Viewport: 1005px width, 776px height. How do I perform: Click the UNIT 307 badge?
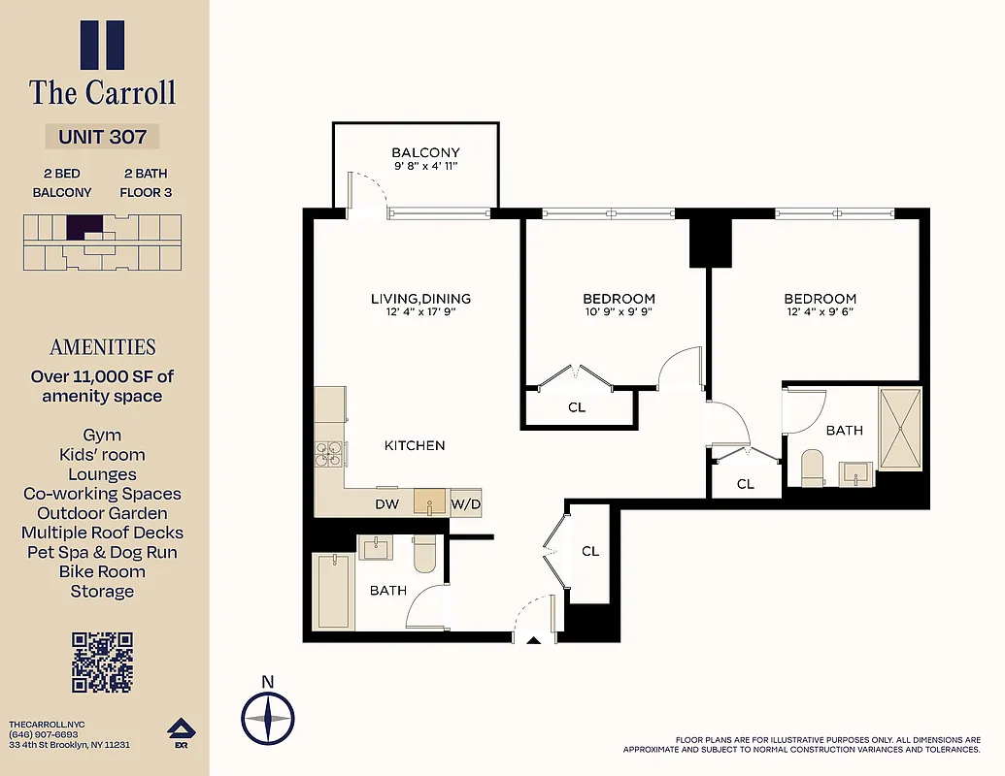102,137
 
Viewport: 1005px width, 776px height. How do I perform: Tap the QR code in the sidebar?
102,663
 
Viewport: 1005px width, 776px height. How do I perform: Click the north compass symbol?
268,719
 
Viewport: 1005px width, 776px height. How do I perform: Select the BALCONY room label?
425,153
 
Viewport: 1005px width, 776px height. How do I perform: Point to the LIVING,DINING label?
420,299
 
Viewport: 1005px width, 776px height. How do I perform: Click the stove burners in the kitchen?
330,454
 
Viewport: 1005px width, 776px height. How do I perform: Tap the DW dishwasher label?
386,504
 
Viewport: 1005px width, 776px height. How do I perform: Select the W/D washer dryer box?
466,504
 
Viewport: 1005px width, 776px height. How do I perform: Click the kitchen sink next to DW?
429,502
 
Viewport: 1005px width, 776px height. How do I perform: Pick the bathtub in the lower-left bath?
333,591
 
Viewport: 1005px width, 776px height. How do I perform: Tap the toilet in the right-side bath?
812,468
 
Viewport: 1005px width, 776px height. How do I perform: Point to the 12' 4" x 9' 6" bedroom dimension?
821,312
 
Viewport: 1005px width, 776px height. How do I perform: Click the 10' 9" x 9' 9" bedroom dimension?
619,312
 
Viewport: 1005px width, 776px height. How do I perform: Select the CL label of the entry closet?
590,551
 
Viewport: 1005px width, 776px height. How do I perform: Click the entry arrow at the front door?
531,640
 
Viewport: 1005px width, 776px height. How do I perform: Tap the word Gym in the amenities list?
102,436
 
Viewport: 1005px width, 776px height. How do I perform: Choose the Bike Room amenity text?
102,571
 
